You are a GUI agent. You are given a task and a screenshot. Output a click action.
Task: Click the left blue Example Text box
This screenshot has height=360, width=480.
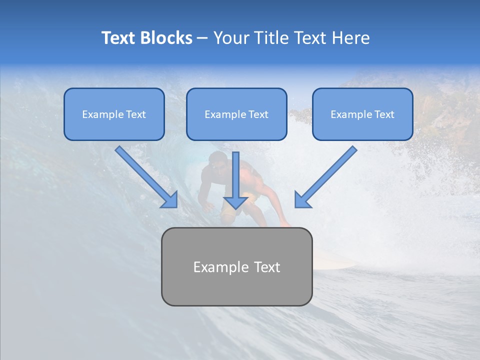pos(114,114)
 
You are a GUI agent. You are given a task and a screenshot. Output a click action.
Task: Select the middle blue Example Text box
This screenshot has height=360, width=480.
pos(236,114)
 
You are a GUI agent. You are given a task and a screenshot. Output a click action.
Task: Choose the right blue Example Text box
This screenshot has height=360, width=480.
pos(362,114)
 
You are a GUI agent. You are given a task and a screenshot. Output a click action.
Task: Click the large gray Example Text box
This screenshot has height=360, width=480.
pos(236,266)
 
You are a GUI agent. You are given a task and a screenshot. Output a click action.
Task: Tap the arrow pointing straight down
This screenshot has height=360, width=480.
pos(235,180)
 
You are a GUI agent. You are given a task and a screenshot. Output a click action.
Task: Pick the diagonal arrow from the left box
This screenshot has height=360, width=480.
pos(146,176)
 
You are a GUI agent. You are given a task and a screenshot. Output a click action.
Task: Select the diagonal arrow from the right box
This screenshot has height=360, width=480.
pos(326,176)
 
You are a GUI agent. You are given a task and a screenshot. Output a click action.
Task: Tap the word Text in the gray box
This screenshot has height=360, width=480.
pos(267,267)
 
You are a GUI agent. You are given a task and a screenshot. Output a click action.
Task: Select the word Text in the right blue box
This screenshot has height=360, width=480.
pos(384,114)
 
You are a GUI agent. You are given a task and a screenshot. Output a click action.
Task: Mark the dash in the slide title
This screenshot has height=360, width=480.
pos(202,38)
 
